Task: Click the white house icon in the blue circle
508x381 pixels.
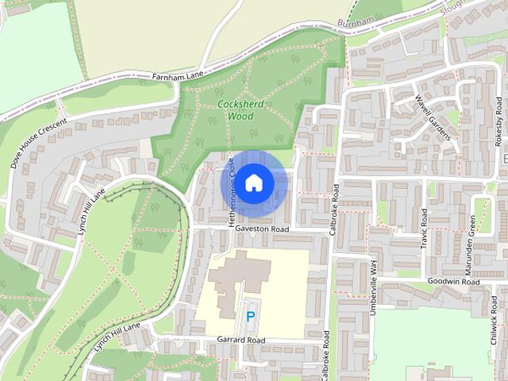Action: point(253,183)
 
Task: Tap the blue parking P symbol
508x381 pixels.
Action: point(251,316)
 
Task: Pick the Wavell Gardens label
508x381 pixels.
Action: point(433,117)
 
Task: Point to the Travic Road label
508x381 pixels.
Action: point(425,228)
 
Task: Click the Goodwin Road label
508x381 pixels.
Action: point(453,282)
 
